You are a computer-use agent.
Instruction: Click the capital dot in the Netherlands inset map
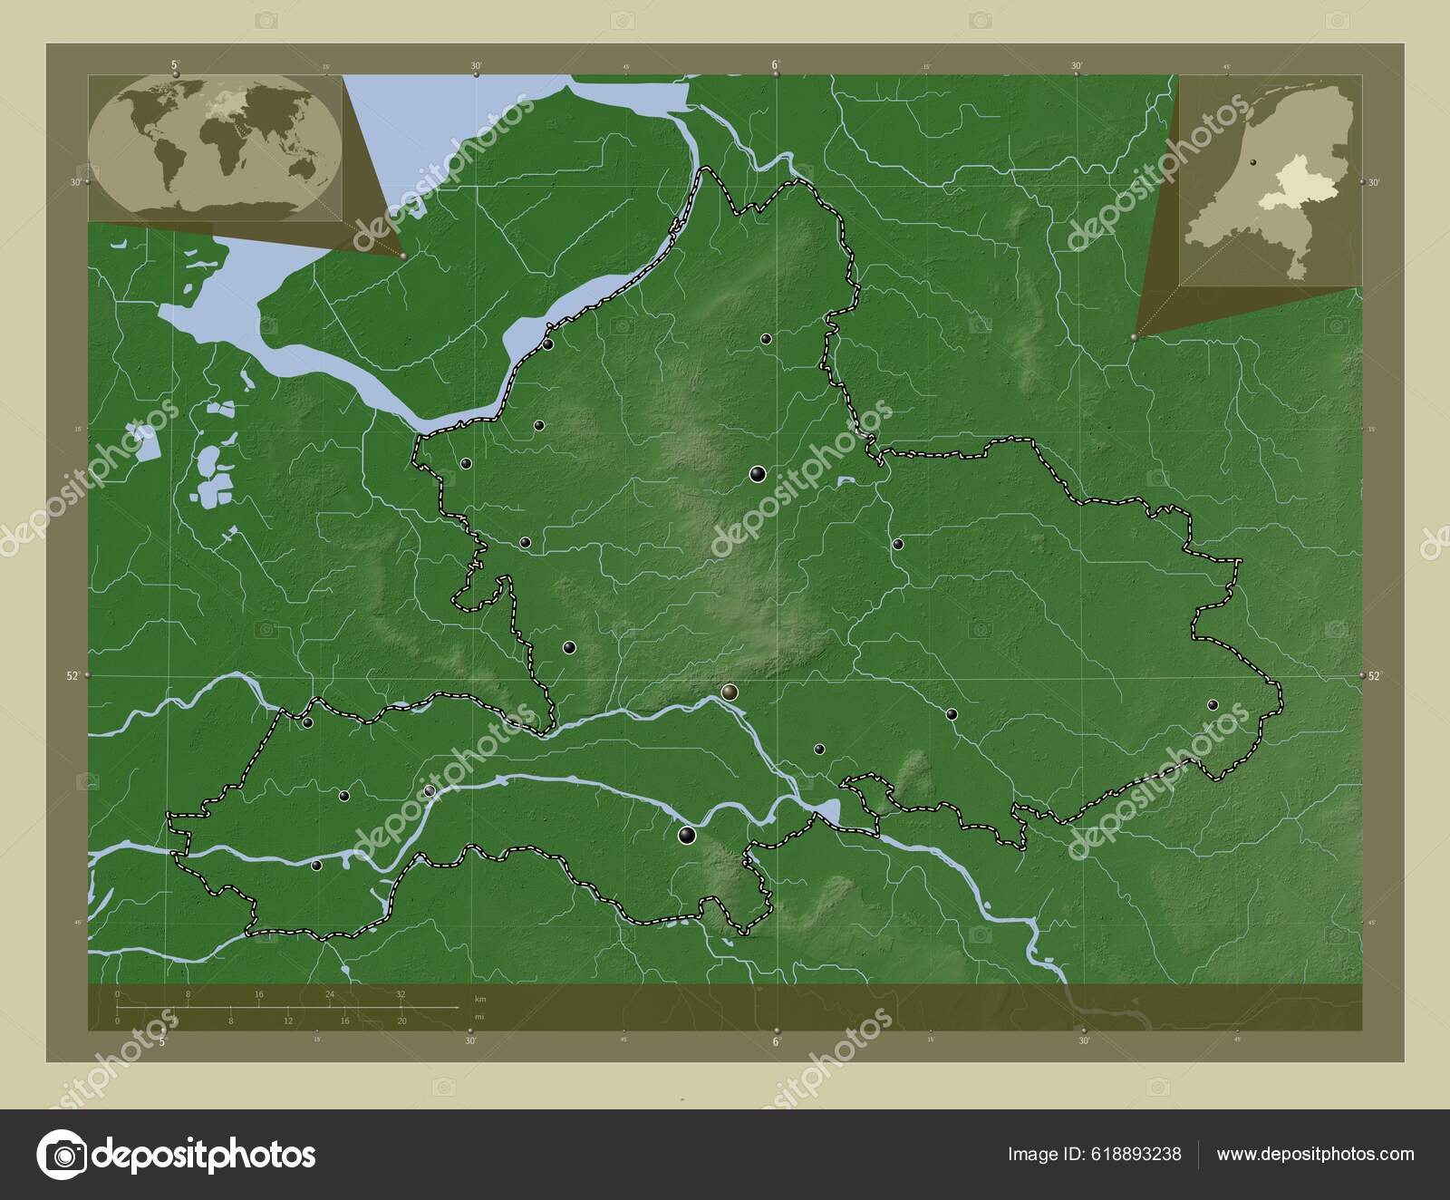(x=1254, y=162)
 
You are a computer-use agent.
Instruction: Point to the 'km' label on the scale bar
(x=479, y=998)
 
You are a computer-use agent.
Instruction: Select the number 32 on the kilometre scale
(x=401, y=994)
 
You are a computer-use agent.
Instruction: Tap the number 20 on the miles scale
(x=401, y=1021)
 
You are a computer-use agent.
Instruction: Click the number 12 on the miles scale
(x=287, y=1021)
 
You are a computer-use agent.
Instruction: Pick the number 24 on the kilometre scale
(x=330, y=994)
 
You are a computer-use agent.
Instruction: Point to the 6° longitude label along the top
(x=776, y=65)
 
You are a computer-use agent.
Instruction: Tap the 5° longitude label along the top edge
(x=174, y=64)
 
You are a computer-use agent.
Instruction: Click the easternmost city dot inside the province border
(x=1213, y=705)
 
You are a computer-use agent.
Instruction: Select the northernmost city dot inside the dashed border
(x=766, y=339)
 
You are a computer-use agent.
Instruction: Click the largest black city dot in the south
(x=687, y=836)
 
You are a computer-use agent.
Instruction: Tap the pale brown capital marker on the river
(x=730, y=693)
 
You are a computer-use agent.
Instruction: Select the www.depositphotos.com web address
(x=1315, y=1154)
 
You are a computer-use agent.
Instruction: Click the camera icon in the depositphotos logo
(x=61, y=1155)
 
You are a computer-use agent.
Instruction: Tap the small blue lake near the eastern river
(x=846, y=481)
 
